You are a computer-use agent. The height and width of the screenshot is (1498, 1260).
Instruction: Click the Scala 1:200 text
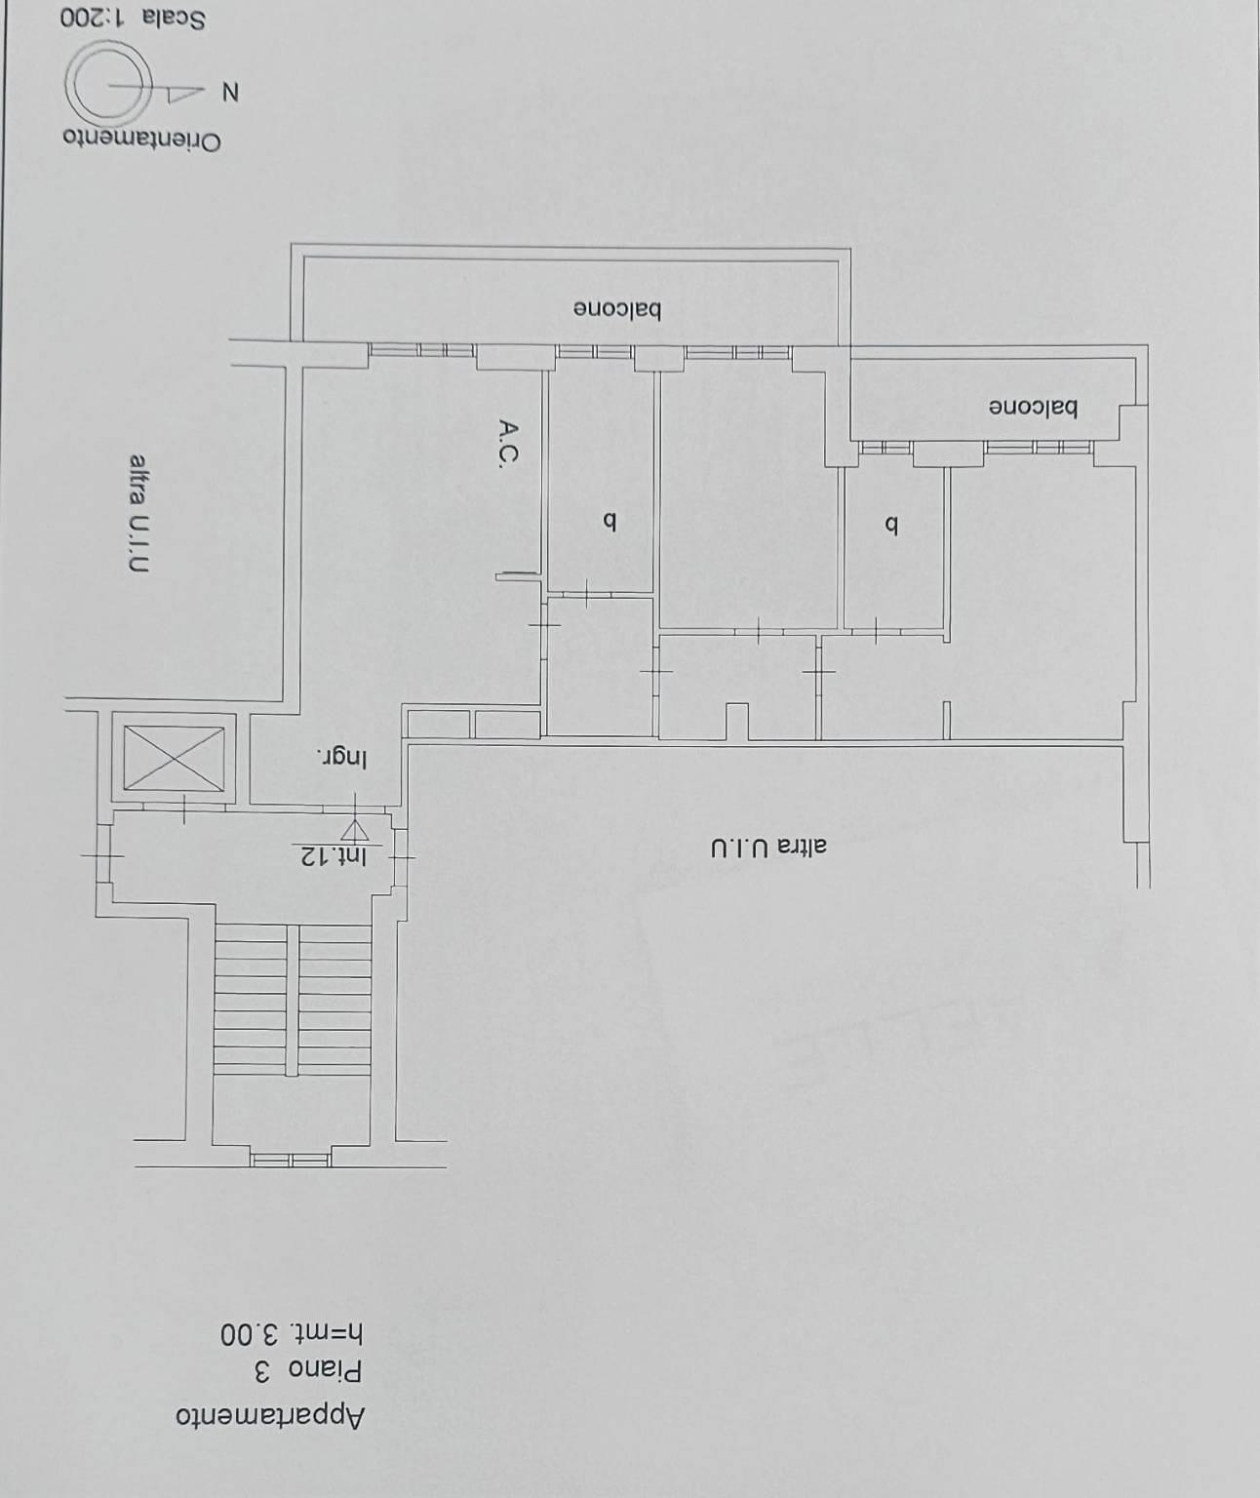(x=134, y=18)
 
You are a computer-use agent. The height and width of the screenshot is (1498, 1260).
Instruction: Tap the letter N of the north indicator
(x=230, y=93)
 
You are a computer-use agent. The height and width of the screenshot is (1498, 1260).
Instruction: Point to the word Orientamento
(x=141, y=139)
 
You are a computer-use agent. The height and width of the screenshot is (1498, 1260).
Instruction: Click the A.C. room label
(x=508, y=444)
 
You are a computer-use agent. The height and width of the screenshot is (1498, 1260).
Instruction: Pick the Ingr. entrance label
(x=341, y=759)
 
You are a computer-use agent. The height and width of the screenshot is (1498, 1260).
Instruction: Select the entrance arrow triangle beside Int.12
(x=354, y=830)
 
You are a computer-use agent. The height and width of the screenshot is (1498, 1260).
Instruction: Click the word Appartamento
(x=270, y=1417)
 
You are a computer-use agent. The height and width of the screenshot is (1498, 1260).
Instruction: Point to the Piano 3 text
(x=308, y=1372)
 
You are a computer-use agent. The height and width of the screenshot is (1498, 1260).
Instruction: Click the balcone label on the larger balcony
(x=617, y=311)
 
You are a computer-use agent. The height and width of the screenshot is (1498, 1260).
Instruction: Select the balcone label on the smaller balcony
(x=1033, y=409)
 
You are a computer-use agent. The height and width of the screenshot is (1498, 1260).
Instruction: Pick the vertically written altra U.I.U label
(x=138, y=514)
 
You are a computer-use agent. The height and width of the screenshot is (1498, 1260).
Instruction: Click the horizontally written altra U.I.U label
(x=768, y=848)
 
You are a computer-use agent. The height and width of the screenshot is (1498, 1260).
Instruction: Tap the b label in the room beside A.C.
(x=610, y=523)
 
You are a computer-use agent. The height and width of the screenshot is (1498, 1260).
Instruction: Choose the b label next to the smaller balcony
(x=891, y=527)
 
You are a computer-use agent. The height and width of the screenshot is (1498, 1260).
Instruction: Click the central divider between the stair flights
(x=292, y=1000)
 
